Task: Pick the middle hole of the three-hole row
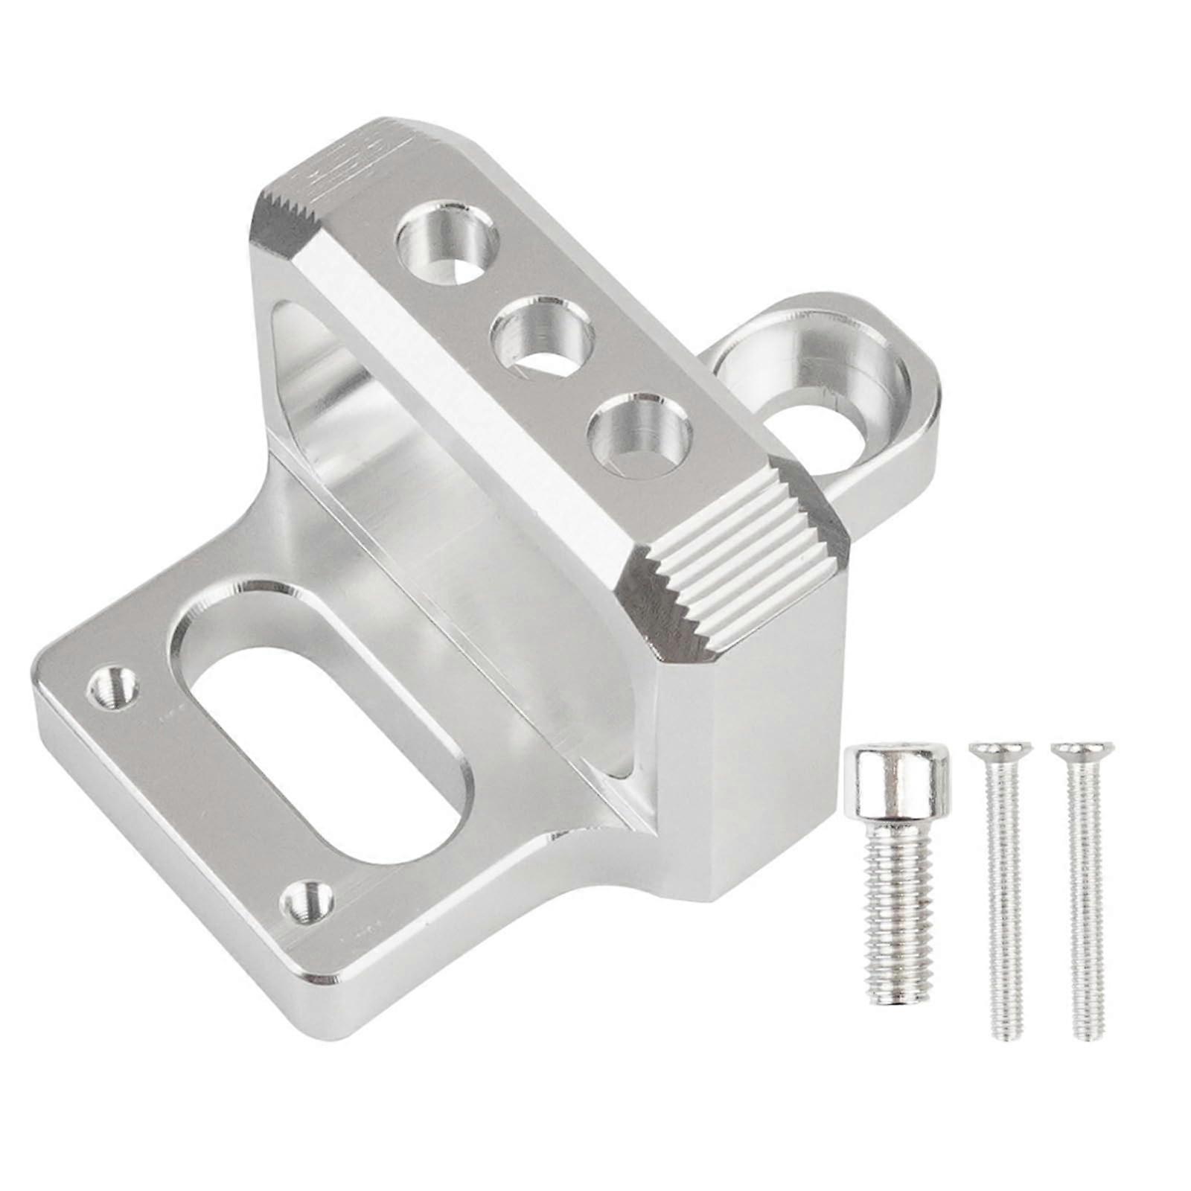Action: (542, 334)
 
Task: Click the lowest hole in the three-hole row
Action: (639, 432)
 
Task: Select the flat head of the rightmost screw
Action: (1082, 747)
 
